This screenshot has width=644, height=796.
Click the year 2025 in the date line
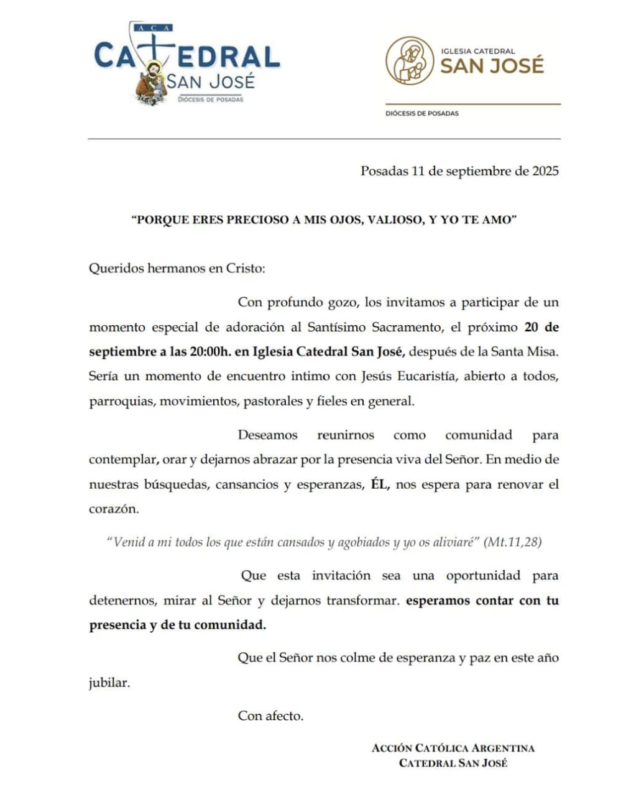(545, 171)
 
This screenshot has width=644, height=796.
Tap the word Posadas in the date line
(384, 171)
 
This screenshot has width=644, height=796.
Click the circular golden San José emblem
(409, 60)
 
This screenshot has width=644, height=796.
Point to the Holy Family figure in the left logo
(151, 83)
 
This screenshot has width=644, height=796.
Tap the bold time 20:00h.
(210, 351)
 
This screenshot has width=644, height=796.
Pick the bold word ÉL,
(380, 484)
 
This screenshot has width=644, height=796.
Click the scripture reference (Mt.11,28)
(513, 542)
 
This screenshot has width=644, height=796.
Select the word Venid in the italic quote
(129, 542)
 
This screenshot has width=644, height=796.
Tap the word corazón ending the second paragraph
(114, 509)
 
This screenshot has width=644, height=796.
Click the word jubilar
(109, 683)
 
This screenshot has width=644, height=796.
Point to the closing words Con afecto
(270, 716)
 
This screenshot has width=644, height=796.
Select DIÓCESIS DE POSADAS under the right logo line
(422, 113)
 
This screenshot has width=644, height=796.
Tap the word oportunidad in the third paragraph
(483, 575)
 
